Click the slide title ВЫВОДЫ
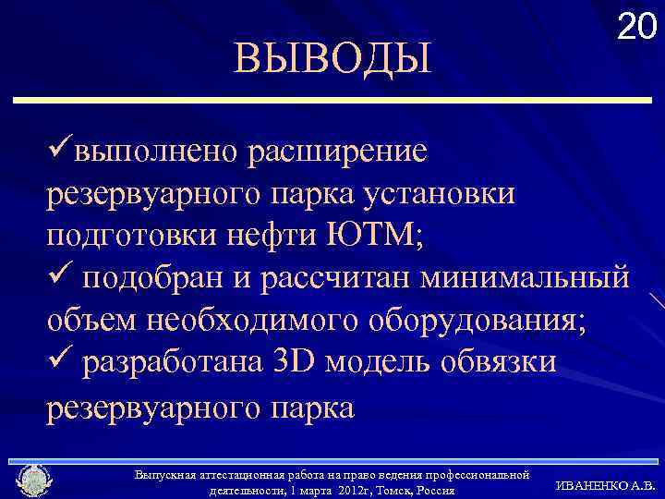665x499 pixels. click(332, 58)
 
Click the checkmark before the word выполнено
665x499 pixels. click(60, 148)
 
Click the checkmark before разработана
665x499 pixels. click(60, 362)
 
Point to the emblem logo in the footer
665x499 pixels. click(34, 481)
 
